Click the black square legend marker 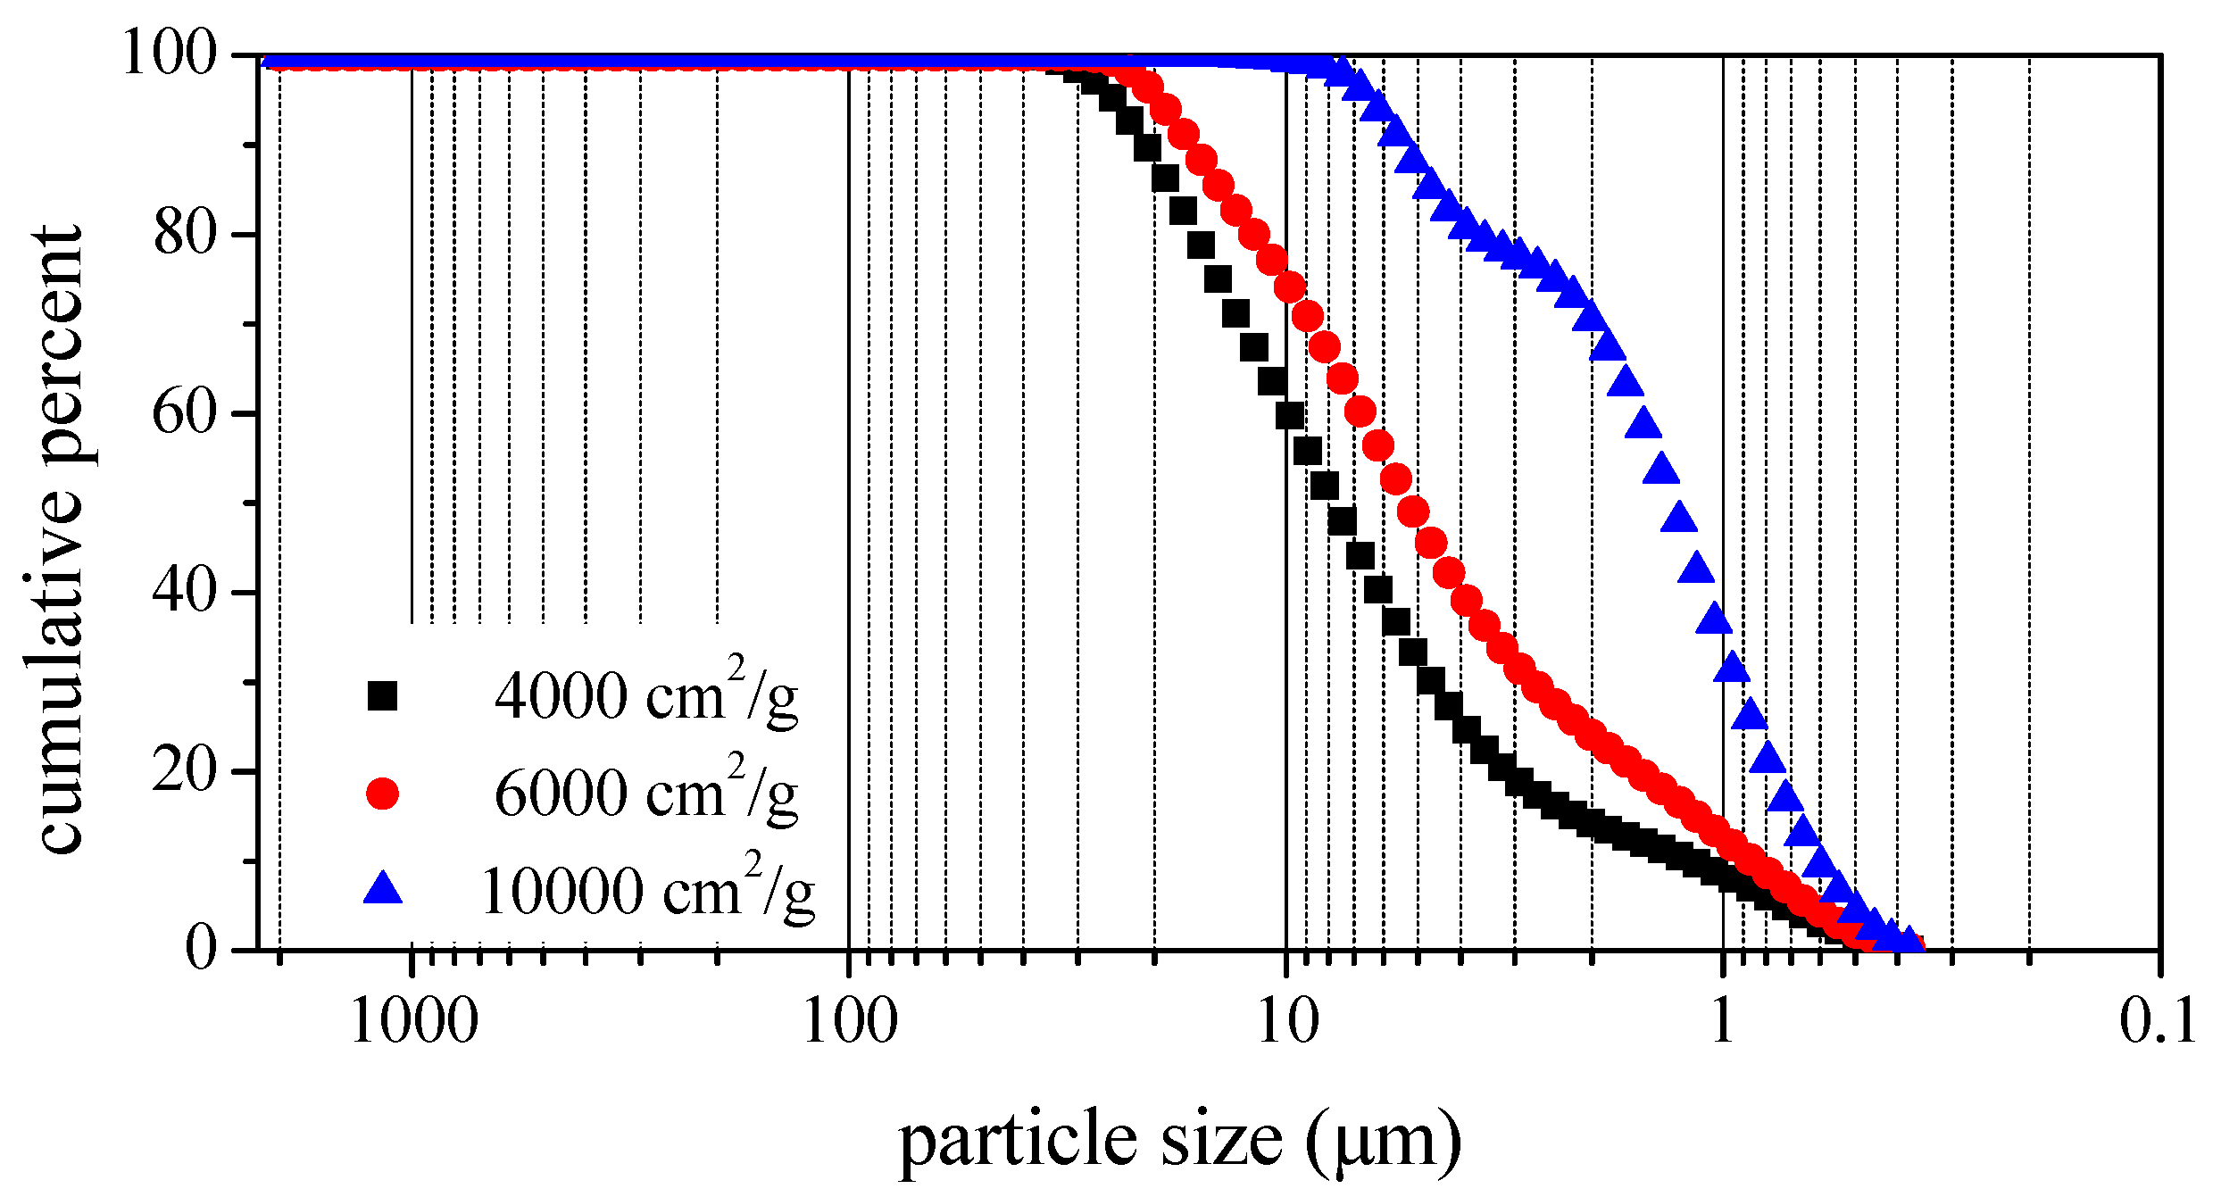click(382, 695)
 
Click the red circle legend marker click(382, 793)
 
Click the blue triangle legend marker click(382, 889)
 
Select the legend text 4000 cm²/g click(645, 694)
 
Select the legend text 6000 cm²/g click(645, 792)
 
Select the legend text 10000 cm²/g click(647, 889)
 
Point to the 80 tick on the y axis click(185, 234)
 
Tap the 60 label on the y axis click(185, 413)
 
